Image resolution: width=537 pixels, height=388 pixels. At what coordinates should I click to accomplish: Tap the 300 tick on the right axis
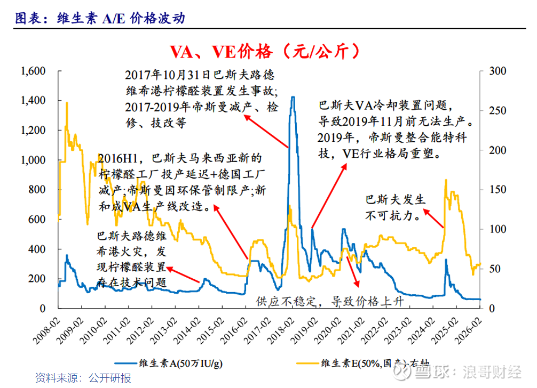tap(497, 71)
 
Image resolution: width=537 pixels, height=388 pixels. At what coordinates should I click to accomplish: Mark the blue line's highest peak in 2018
tap(293, 97)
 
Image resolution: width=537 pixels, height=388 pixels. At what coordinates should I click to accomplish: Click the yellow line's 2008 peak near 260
tap(67, 102)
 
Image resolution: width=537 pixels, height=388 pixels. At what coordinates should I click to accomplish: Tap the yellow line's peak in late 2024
tap(446, 180)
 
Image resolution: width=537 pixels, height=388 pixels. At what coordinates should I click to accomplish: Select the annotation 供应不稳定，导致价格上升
tap(330, 301)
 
